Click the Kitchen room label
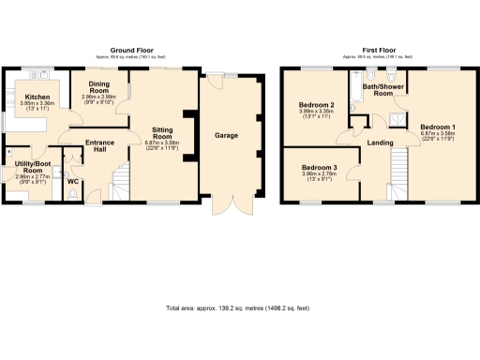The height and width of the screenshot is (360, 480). (x=37, y=97)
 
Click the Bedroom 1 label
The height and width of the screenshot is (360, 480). (x=437, y=127)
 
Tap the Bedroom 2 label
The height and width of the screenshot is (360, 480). (x=317, y=105)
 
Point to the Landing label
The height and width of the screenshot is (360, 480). (x=381, y=142)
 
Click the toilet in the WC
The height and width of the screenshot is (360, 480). (x=73, y=194)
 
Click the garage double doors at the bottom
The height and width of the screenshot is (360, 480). (x=225, y=205)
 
